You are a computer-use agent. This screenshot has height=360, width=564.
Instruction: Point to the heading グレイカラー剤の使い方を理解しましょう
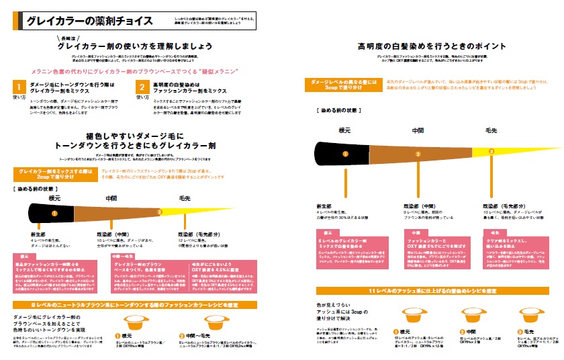coord(136,47)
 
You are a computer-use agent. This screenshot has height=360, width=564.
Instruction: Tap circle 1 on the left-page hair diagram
coord(54,213)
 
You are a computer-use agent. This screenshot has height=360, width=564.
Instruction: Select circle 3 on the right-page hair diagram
coord(491,152)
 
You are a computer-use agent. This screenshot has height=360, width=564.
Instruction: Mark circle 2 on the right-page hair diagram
coord(418,154)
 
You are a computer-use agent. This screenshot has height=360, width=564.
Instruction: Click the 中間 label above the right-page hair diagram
coord(418,130)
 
